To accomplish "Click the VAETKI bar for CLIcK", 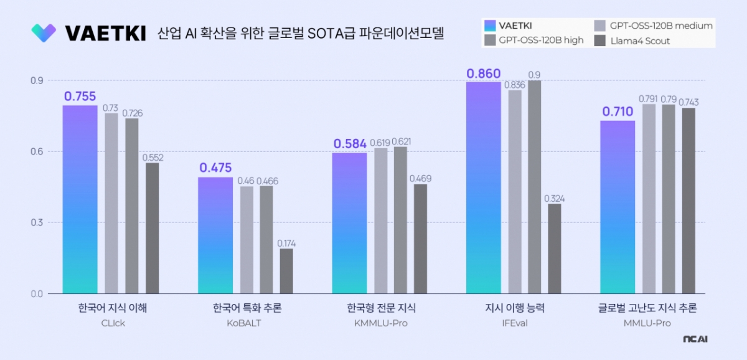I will point(80,199).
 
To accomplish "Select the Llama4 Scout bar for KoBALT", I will point(286,271).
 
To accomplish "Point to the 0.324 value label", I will point(554,199).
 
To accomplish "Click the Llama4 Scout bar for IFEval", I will point(554,249).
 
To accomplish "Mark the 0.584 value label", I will point(349,144).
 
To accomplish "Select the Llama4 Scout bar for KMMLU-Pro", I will point(421,239).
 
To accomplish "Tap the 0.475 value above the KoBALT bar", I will point(215,168).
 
